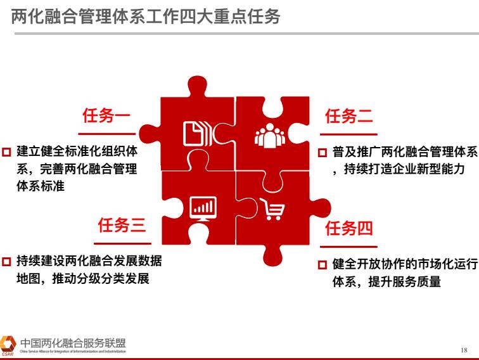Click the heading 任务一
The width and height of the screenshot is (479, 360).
click(x=106, y=115)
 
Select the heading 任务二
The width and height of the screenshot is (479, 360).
click(x=349, y=116)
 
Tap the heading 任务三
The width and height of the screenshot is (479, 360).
click(x=122, y=225)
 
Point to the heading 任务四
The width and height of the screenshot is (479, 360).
click(x=349, y=228)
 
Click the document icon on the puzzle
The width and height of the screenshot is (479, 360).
click(x=196, y=134)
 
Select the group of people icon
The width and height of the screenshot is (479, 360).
click(x=270, y=136)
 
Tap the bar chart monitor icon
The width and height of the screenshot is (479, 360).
click(x=203, y=209)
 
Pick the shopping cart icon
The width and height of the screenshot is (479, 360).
click(x=272, y=209)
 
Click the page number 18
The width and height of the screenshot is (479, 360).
click(x=464, y=350)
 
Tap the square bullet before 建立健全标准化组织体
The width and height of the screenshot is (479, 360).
click(x=6, y=152)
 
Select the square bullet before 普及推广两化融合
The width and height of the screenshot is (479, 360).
click(x=323, y=153)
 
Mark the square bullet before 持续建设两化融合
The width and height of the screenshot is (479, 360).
click(x=6, y=262)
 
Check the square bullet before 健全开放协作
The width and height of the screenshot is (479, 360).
click(x=323, y=265)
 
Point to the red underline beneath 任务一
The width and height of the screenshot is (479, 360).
click(x=107, y=134)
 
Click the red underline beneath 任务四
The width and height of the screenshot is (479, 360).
click(x=349, y=247)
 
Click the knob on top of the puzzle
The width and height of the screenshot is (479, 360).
click(x=197, y=86)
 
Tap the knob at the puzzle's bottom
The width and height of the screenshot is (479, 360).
click(x=273, y=255)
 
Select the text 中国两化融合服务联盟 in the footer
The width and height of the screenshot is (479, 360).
click(x=73, y=343)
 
